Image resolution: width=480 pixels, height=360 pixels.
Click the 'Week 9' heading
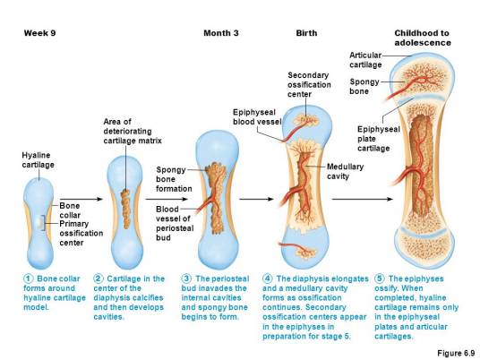[x=39, y=33]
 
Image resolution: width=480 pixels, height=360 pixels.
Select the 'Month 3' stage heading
[x=220, y=33]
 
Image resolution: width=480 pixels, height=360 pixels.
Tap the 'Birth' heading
[x=306, y=33]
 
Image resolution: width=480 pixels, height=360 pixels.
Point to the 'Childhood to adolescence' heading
[x=423, y=38]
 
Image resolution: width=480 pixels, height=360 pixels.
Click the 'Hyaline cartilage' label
[x=38, y=159]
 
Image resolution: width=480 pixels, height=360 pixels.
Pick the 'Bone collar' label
[x=70, y=210]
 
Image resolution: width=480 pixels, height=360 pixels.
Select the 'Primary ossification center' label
[x=81, y=233]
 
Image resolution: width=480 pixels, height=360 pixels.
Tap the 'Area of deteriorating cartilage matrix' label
[x=133, y=131]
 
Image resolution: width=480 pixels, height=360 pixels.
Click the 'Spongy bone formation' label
[x=174, y=179]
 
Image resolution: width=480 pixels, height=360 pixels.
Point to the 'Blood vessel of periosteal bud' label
[x=175, y=223]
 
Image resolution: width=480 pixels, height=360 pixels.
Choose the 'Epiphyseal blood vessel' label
[x=257, y=116]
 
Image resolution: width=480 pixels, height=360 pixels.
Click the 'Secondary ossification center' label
[x=309, y=84]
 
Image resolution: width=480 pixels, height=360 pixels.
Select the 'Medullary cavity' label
[x=346, y=171]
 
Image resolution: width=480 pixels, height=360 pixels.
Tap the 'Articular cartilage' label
[x=365, y=60]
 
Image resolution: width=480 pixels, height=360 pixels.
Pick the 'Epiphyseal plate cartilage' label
[x=379, y=139]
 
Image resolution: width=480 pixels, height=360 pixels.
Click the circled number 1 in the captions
[x=28, y=279]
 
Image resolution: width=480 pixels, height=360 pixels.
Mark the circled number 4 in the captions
[x=267, y=279]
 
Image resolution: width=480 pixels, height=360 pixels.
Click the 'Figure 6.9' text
[x=456, y=353]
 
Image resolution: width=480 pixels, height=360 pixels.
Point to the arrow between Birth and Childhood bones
[x=362, y=199]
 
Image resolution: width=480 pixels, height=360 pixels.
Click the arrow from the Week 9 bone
[x=81, y=199]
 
